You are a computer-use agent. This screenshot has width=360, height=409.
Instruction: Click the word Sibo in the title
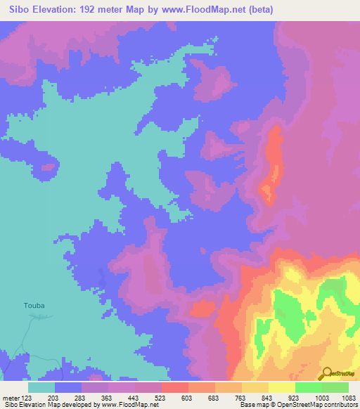tap(22, 10)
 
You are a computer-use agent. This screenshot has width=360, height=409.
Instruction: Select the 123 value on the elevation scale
tap(26, 398)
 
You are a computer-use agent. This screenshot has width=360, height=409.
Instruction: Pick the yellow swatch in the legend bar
tap(281, 387)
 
